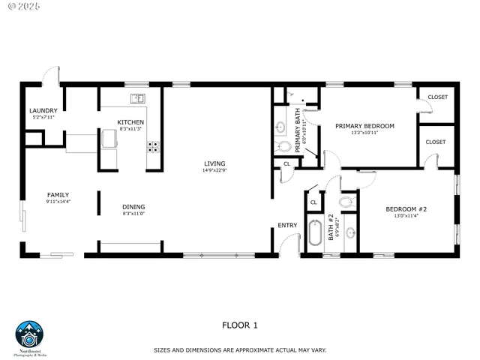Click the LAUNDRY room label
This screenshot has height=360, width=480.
[43, 110]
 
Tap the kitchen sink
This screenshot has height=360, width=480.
[137, 98]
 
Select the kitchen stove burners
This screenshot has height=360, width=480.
[154, 146]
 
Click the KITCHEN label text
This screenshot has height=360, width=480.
[130, 122]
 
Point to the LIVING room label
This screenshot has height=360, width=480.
[214, 163]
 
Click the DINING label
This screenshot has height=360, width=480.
[133, 207]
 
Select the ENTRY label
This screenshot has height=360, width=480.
[287, 225]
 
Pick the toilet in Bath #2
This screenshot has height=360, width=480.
[346, 202]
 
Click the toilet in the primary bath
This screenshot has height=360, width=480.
[282, 146]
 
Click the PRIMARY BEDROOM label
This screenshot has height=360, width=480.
[364, 126]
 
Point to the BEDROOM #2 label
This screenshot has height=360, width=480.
[406, 209]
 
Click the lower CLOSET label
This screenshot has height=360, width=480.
[435, 142]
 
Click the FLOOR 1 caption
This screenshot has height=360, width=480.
[239, 325]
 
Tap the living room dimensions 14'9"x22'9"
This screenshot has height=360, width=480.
[214, 170]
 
